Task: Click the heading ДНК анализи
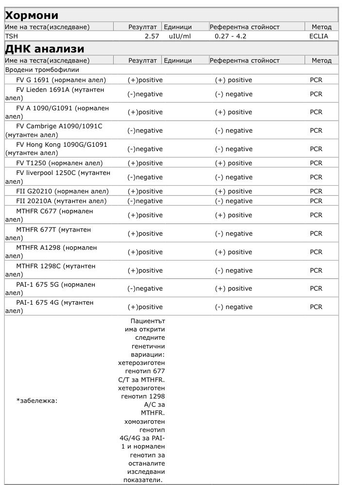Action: (x=44, y=49)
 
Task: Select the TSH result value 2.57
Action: (x=152, y=36)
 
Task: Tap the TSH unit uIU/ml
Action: (x=180, y=36)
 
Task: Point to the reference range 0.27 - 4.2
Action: (x=232, y=36)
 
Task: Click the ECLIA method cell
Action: (x=318, y=36)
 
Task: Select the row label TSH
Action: (x=10, y=36)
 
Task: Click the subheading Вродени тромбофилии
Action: (x=38, y=70)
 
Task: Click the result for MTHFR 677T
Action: (x=145, y=234)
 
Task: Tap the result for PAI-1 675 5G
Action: (x=145, y=289)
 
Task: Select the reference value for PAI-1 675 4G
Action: (x=234, y=307)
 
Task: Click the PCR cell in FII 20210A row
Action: (x=316, y=201)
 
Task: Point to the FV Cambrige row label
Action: (x=56, y=130)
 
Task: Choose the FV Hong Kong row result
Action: (x=145, y=149)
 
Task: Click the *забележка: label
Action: (x=37, y=401)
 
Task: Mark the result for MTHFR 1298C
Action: (x=145, y=271)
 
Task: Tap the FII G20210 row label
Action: (x=62, y=191)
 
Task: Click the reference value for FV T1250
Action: (x=234, y=163)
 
